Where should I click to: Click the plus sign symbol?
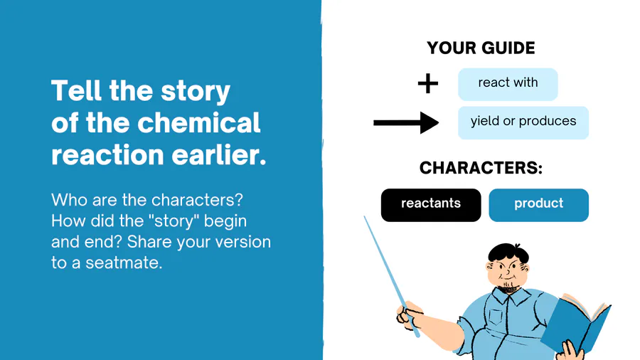point(428,84)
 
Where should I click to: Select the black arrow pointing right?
point(406,122)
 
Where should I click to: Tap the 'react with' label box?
point(508,84)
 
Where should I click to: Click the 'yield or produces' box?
point(523,123)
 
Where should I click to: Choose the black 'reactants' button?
point(431,205)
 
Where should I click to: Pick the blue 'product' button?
point(539,205)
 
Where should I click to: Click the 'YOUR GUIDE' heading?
point(481,48)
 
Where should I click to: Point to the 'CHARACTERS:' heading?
point(481,168)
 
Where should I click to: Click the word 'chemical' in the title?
point(199,122)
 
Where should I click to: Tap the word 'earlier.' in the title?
point(219,155)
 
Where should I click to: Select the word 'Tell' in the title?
point(76,90)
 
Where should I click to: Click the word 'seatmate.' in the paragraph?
point(124,263)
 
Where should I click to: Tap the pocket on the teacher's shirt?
point(496,317)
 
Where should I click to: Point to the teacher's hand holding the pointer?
point(409,315)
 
